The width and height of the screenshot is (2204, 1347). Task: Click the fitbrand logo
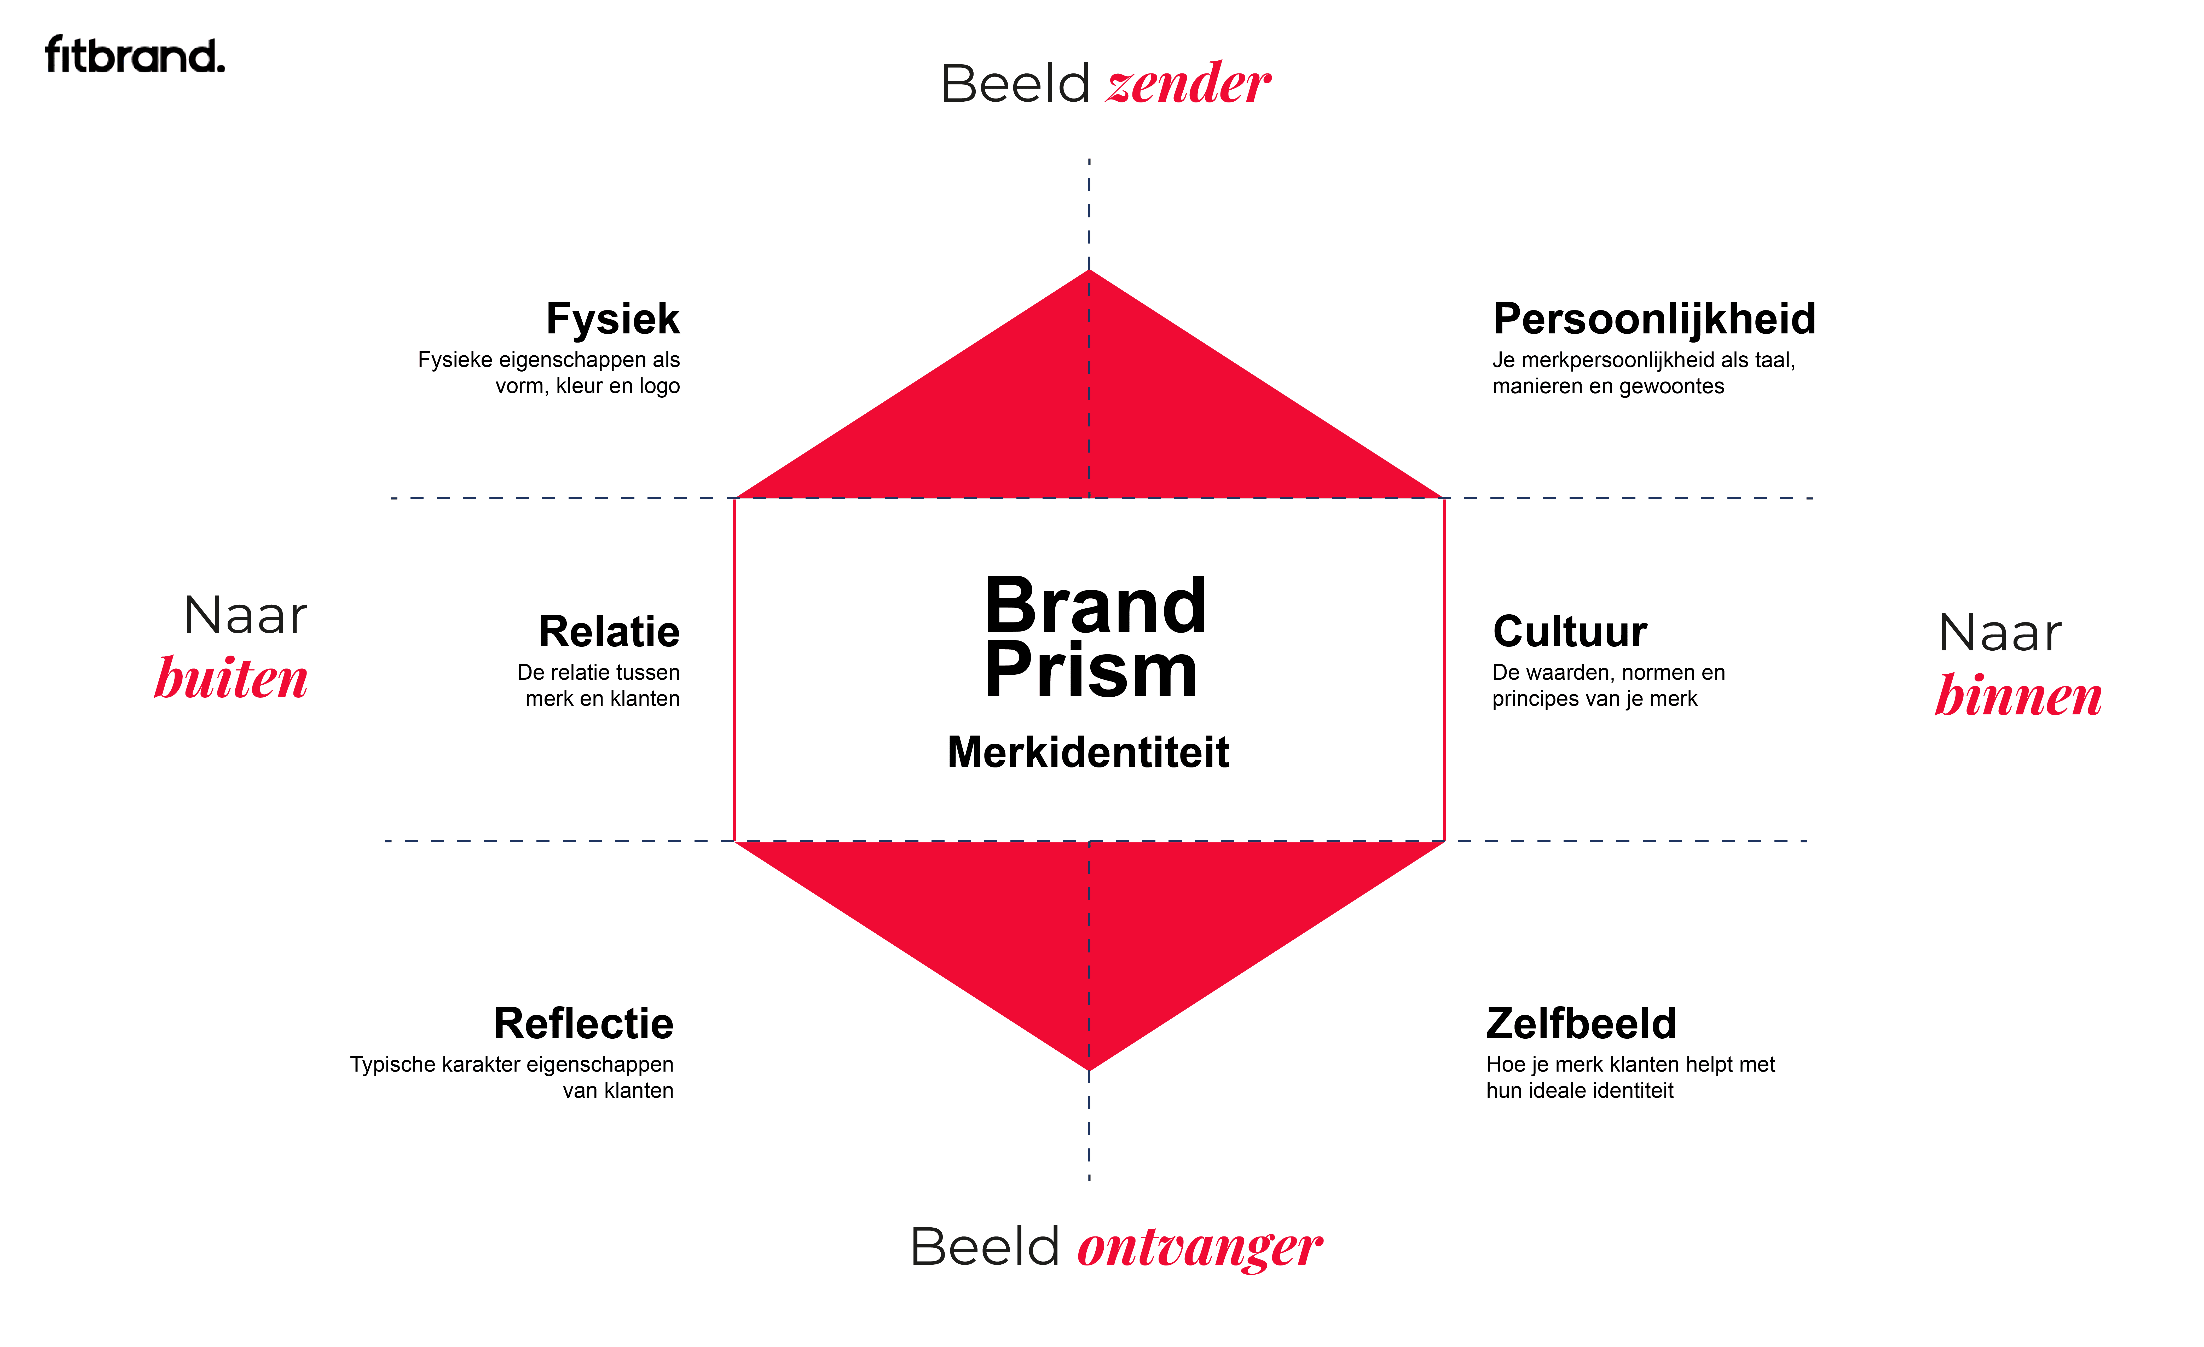(134, 55)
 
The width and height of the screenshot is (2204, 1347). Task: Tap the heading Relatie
(609, 632)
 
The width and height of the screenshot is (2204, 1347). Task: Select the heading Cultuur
(1570, 632)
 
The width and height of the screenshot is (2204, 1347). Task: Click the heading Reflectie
(583, 1024)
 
